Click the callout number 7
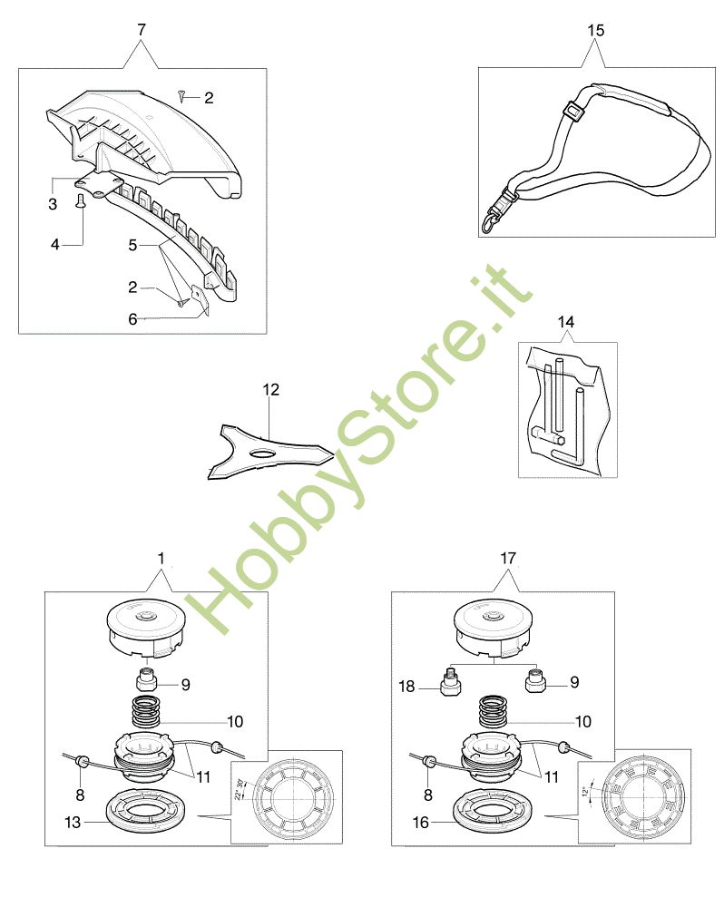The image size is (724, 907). [141, 30]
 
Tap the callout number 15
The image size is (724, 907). [595, 30]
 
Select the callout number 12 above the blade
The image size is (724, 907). [271, 390]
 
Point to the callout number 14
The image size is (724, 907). [566, 321]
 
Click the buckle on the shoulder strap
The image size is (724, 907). [572, 113]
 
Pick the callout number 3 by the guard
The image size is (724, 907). [52, 204]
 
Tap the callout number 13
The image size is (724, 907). [72, 823]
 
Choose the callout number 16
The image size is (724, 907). [420, 823]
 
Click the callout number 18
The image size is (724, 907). [407, 688]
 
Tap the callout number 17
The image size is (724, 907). [507, 559]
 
